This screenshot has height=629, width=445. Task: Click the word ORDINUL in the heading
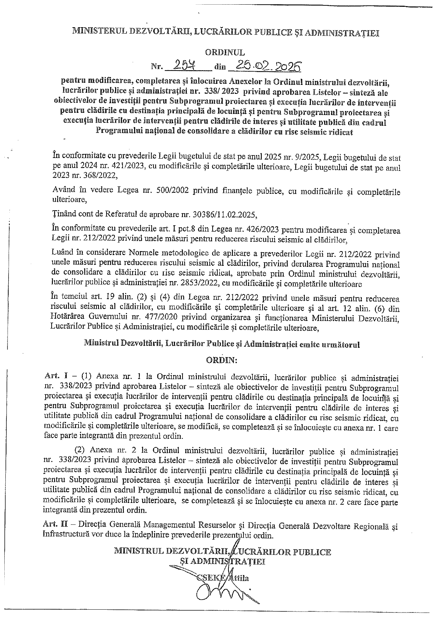[x=225, y=52]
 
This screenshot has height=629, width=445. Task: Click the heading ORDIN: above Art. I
[x=222, y=360]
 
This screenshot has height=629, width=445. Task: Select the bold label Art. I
[x=53, y=377]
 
